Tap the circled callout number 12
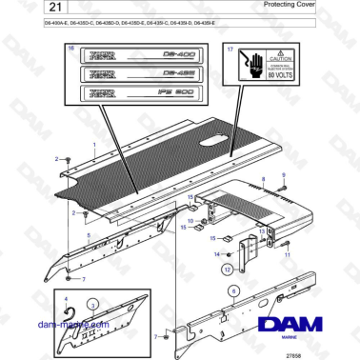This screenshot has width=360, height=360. coord(227,270)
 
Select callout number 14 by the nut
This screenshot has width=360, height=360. coord(217,254)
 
